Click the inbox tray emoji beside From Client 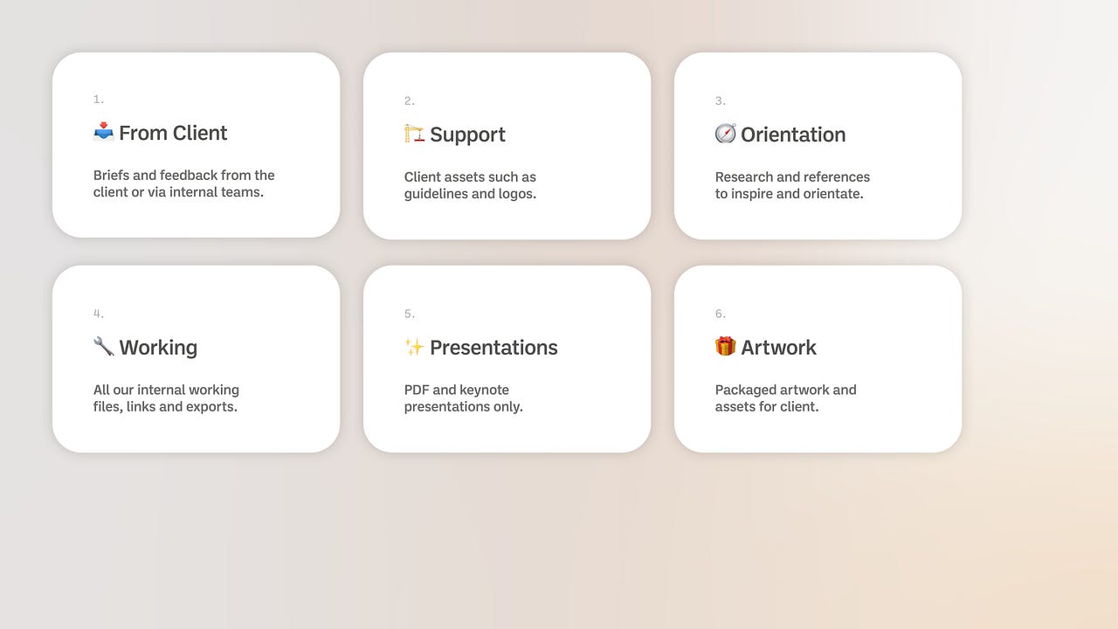point(104,132)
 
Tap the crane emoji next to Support point(414,134)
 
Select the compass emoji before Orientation point(725,134)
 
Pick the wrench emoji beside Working point(104,347)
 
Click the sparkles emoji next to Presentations point(414,347)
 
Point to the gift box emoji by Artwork point(725,347)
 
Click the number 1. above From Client point(99,100)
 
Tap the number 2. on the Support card point(410,101)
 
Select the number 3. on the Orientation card point(721,101)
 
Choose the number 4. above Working point(99,314)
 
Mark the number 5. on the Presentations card point(410,314)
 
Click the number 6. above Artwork point(721,314)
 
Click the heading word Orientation point(793,135)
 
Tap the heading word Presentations point(493,348)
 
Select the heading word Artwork point(778,348)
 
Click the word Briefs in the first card point(111,176)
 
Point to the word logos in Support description point(516,194)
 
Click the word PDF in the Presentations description point(417,390)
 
